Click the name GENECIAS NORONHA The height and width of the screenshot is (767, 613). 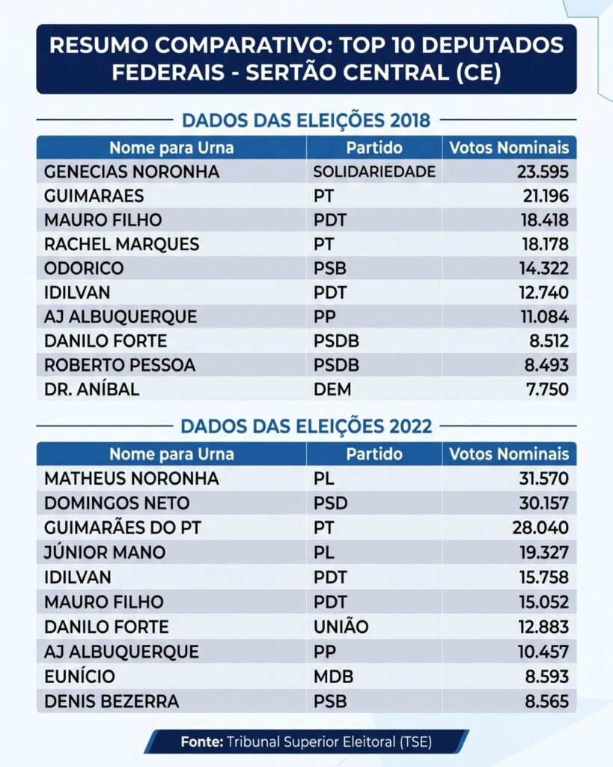[132, 172]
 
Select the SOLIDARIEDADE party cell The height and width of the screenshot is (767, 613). [374, 172]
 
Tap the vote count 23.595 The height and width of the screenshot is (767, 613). [543, 172]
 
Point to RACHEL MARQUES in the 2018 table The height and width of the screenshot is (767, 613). [122, 244]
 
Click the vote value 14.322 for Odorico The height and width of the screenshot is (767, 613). [543, 268]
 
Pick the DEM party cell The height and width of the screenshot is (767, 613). [332, 389]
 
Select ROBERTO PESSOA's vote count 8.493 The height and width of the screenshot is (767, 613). [546, 365]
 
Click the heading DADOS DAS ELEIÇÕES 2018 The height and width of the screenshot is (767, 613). [306, 121]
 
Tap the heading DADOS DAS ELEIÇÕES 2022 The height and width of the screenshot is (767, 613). [306, 426]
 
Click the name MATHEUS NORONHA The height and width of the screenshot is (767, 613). [132, 479]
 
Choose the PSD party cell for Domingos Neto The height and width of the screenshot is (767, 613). [331, 503]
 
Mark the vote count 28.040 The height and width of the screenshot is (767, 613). [540, 528]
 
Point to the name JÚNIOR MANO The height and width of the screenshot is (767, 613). [105, 552]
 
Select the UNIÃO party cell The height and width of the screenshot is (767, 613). [341, 627]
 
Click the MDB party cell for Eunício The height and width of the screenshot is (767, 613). [333, 676]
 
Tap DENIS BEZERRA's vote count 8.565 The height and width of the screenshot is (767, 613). [546, 701]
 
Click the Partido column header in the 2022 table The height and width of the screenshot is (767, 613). [374, 455]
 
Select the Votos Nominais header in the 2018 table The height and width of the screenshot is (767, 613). [509, 148]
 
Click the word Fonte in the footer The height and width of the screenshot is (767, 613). [202, 742]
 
